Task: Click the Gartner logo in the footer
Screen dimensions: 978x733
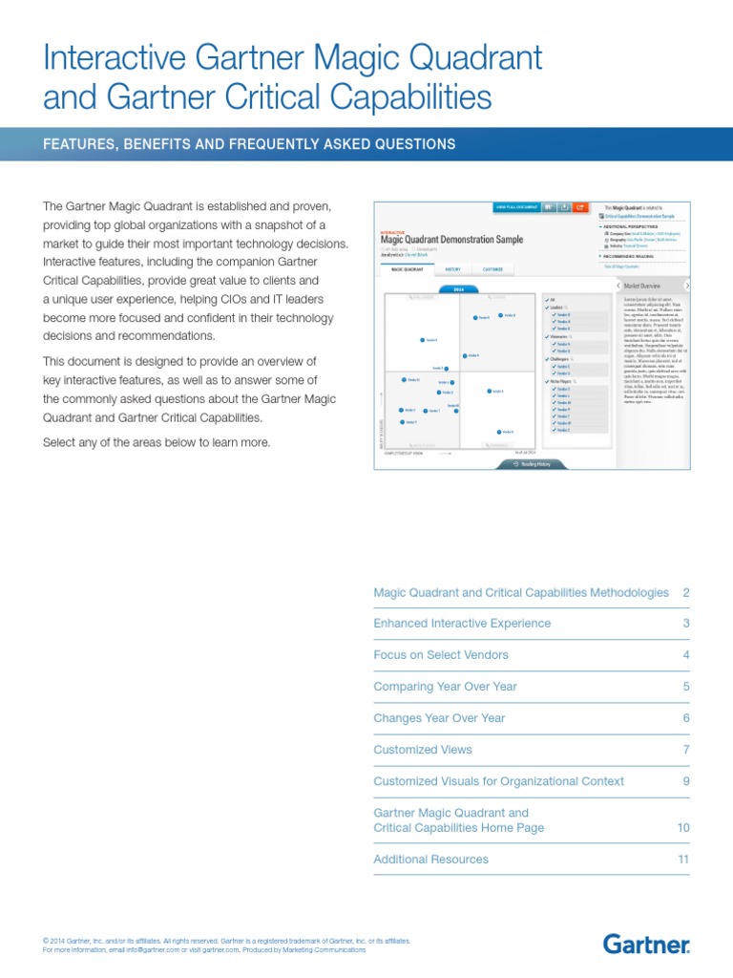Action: [646, 945]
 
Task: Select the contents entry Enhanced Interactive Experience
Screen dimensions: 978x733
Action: [462, 624]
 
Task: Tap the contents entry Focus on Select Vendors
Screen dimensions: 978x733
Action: [441, 655]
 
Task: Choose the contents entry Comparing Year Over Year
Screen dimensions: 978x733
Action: [445, 687]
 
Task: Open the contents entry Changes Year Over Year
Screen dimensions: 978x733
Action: [439, 718]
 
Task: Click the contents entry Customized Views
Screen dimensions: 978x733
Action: [423, 750]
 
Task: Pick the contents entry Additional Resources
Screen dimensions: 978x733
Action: [430, 860]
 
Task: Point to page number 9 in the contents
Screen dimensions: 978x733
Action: [685, 781]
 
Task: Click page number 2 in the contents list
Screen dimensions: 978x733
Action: [685, 593]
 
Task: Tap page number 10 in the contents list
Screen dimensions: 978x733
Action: [682, 828]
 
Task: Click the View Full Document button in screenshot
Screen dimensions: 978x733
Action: [515, 206]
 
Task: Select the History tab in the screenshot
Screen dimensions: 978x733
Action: [452, 269]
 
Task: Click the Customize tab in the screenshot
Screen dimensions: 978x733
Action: [492, 269]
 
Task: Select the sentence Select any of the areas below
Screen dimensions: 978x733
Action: [157, 442]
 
